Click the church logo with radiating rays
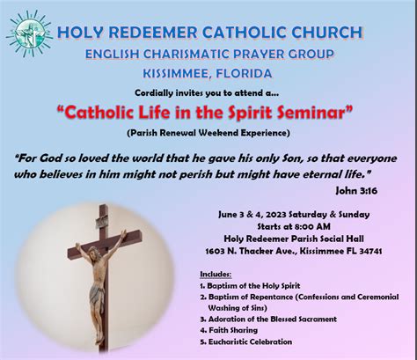coord(29,33)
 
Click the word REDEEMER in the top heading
coord(153,33)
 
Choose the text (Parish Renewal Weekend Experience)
coord(208,133)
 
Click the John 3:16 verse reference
coord(356,191)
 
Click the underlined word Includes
coord(216,275)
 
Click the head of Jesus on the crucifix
coord(94,253)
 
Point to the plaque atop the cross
coord(102,221)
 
